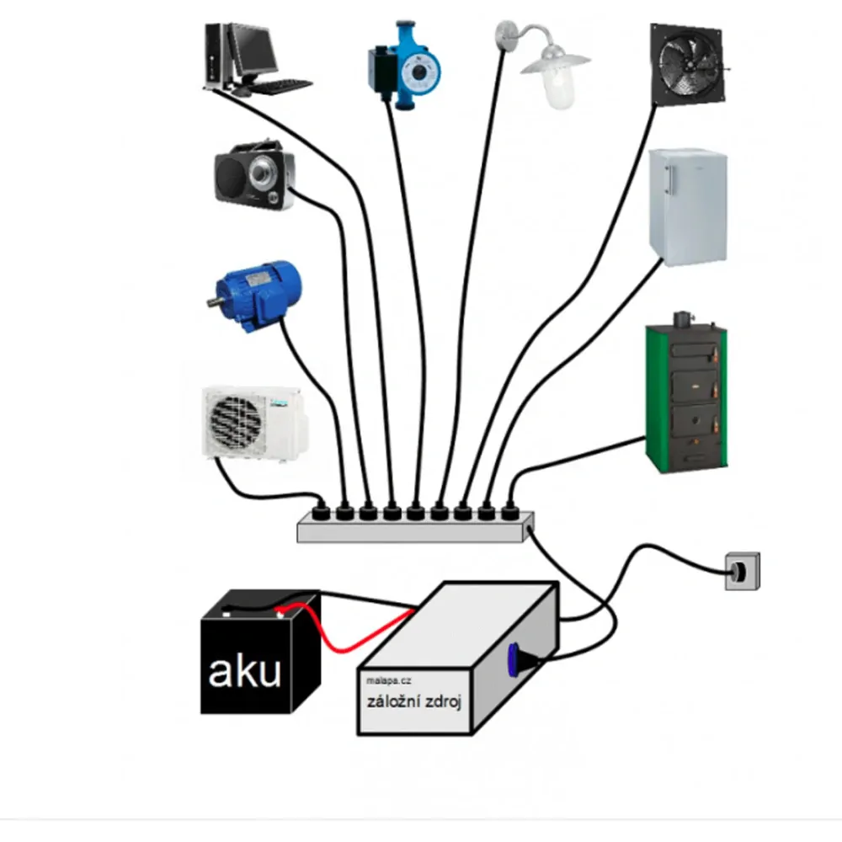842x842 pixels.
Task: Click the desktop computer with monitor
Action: point(253,59)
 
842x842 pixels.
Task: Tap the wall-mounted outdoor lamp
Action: point(542,65)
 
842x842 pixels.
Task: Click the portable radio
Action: point(254,175)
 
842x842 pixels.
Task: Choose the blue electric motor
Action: point(254,296)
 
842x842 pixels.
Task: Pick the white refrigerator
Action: point(688,207)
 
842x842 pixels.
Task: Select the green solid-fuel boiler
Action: point(686,392)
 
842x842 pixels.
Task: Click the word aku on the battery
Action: point(244,671)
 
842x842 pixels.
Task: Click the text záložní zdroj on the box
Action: point(414,702)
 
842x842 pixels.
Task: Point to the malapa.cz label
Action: point(388,681)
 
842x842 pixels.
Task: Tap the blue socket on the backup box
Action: point(513,659)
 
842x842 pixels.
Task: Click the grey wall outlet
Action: point(743,571)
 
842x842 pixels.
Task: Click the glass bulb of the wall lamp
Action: point(560,90)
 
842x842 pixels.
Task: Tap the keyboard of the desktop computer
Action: point(281,87)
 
